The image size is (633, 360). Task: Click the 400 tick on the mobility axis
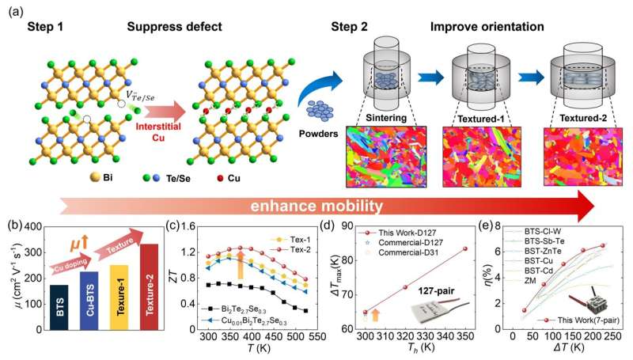[29, 228]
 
